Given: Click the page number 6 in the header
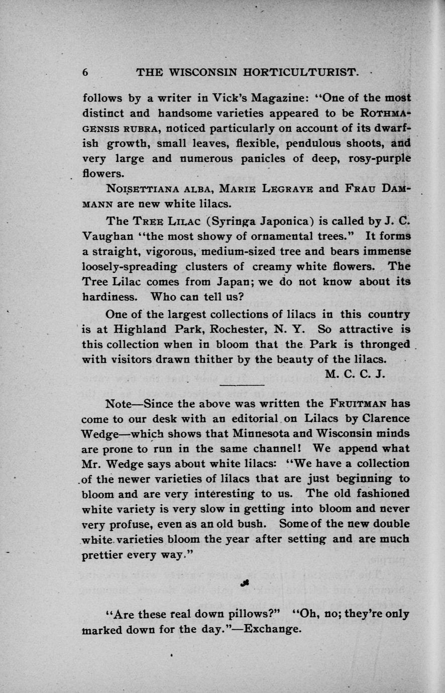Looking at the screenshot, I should click(x=85, y=72).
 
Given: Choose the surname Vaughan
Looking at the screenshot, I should click(x=105, y=236).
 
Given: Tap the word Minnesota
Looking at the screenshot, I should click(x=230, y=433).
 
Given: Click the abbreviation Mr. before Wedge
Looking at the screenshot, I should click(x=91, y=463).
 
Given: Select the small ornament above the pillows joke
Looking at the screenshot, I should click(x=245, y=583).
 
